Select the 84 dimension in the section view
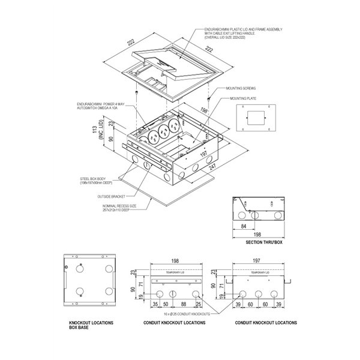tap(243, 227)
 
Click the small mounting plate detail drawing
tap(254, 118)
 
